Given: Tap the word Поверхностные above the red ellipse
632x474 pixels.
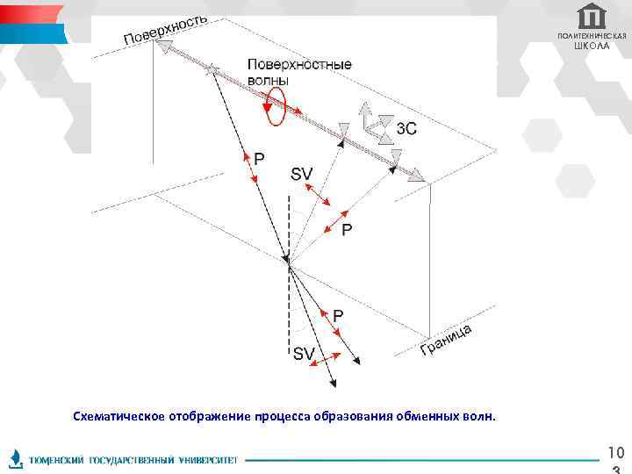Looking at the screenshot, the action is click(x=299, y=64).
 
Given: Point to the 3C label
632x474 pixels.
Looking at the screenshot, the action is click(x=406, y=128).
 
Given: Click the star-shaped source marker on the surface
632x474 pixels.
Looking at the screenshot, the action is click(x=211, y=68).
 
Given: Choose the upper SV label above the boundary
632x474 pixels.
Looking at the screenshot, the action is click(x=301, y=175).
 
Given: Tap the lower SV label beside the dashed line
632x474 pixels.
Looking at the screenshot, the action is click(x=304, y=354).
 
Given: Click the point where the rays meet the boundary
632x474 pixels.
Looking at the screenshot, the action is click(x=288, y=260).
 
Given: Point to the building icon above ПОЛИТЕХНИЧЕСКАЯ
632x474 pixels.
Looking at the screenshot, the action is click(x=592, y=16).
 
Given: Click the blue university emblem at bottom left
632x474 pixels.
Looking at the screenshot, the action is click(x=16, y=458).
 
